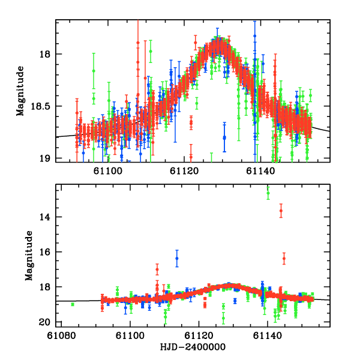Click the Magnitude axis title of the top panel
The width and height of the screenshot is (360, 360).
tap(20, 90)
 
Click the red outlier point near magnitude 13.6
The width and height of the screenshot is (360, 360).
tap(280, 211)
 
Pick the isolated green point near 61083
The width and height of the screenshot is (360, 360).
tap(73, 304)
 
